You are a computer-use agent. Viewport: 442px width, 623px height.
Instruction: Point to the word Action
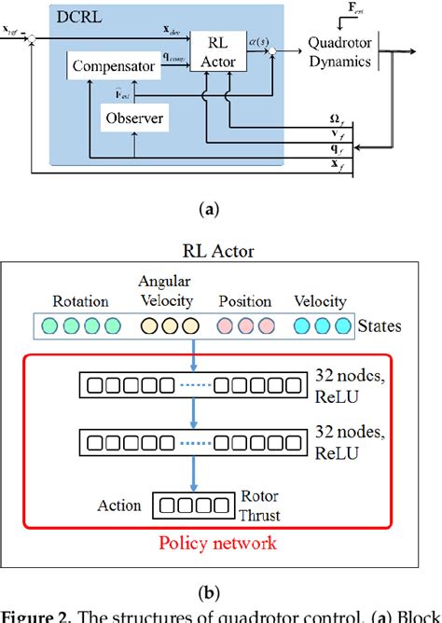[x=119, y=506]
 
